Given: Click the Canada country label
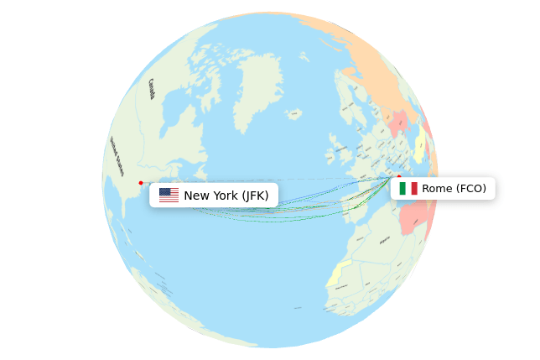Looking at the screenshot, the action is click(x=152, y=88).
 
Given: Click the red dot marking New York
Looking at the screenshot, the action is click(x=141, y=183).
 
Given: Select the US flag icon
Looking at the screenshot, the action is click(x=169, y=196).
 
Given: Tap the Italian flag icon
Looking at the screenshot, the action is click(x=408, y=188).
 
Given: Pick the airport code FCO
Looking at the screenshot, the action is click(x=470, y=188).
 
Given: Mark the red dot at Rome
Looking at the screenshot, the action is click(x=399, y=176).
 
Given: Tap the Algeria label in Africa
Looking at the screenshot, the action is click(x=385, y=239).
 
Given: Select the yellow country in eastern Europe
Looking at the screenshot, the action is click(x=418, y=147).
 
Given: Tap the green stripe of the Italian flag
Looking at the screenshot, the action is click(x=402, y=188).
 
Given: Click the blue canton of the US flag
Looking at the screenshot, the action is click(x=164, y=192).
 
